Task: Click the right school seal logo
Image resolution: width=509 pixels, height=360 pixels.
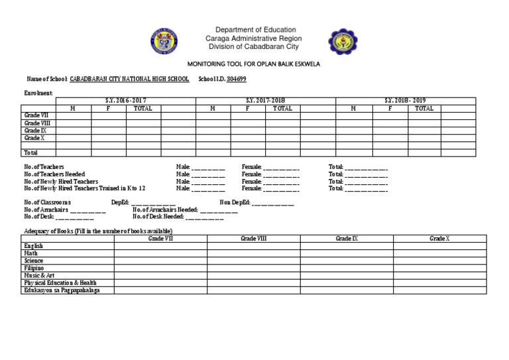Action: click(341, 40)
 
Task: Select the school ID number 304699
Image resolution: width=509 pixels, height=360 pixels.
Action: click(237, 78)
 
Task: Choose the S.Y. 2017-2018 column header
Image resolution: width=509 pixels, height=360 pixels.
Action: click(265, 101)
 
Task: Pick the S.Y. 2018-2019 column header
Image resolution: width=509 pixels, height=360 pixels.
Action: click(406, 101)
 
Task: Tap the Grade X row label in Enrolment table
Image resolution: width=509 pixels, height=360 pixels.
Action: click(34, 138)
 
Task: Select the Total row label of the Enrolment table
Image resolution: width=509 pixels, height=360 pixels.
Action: click(32, 152)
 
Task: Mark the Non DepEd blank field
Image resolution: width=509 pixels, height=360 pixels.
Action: click(273, 202)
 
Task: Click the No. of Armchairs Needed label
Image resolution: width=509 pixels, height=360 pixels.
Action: click(165, 210)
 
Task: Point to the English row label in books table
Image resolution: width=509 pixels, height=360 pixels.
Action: click(34, 246)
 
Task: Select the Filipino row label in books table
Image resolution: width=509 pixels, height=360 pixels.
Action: click(34, 268)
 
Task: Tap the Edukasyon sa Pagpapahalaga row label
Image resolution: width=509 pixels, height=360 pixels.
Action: click(66, 290)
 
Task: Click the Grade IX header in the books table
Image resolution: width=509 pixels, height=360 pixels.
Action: click(347, 238)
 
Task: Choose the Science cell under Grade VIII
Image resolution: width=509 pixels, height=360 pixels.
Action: click(253, 261)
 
